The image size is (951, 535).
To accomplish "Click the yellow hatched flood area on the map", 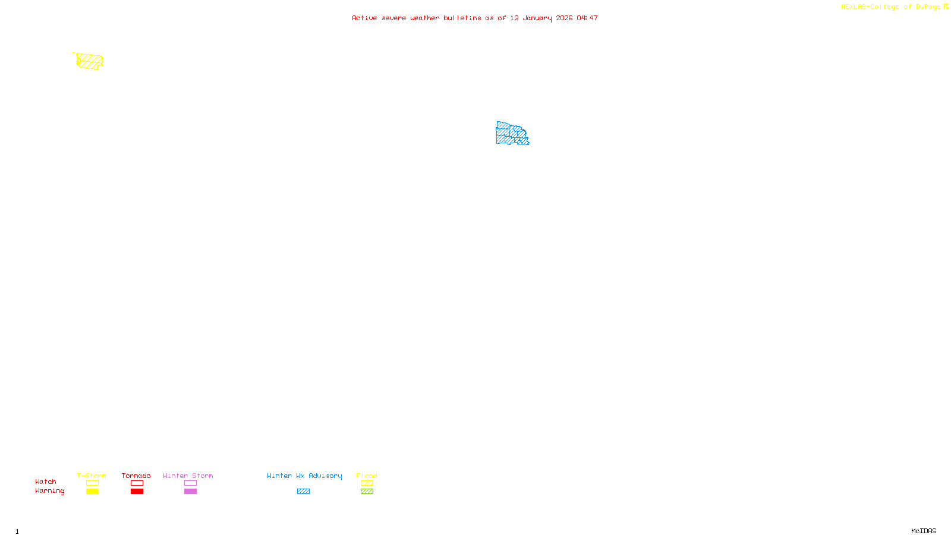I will (x=90, y=61).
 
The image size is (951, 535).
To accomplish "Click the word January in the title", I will (x=537, y=18).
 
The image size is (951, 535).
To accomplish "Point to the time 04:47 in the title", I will (x=587, y=18).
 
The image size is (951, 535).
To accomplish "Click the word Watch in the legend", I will (x=46, y=482).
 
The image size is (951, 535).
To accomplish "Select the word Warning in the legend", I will (x=49, y=491).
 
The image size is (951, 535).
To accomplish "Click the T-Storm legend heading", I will (x=92, y=476).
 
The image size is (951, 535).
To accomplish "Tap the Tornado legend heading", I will (x=136, y=476).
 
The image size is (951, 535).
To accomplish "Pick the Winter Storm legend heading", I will (x=188, y=476).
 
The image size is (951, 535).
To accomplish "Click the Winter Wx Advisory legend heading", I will (x=304, y=476).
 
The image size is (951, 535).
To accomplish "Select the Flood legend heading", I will (x=367, y=476).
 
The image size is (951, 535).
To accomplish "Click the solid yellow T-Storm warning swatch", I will (x=92, y=492).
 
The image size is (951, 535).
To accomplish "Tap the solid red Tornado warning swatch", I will (x=137, y=492).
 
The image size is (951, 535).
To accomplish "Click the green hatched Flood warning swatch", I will (x=367, y=492).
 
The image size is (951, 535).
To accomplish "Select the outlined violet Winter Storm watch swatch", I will (x=190, y=483).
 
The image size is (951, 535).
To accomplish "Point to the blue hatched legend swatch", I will (x=303, y=492).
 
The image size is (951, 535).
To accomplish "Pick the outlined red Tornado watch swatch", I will (x=137, y=483).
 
